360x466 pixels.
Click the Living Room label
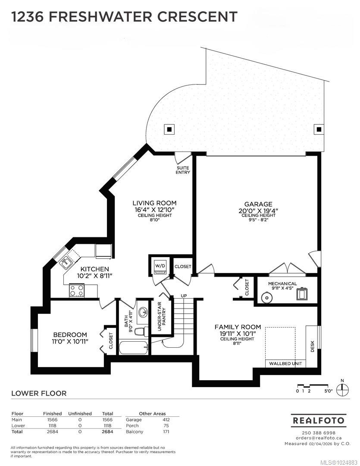click(154, 203)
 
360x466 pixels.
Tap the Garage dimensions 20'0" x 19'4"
click(258, 211)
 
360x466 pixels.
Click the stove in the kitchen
click(77, 290)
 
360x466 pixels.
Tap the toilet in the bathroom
click(141, 331)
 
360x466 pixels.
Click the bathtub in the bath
click(133, 347)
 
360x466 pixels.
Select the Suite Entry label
click(183, 170)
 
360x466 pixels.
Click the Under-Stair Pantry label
click(162, 316)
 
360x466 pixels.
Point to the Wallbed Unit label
click(285, 363)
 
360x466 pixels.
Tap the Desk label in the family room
click(313, 346)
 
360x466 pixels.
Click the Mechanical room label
click(282, 283)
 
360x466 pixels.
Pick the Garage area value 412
click(166, 420)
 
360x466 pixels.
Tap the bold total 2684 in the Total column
click(107, 431)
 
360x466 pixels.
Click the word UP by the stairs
click(184, 296)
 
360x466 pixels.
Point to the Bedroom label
click(70, 335)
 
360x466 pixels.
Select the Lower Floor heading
click(39, 394)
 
